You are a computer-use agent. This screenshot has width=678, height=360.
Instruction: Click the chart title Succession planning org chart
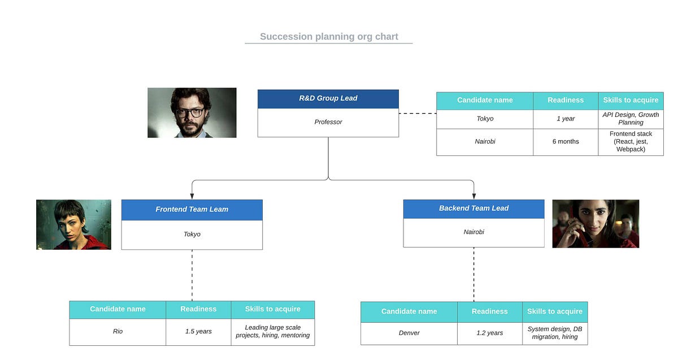click(x=329, y=37)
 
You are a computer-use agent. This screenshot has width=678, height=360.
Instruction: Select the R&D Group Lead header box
click(x=328, y=98)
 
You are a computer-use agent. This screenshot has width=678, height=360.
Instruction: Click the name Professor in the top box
click(x=328, y=122)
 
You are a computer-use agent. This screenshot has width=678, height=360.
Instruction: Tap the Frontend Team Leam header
click(x=192, y=209)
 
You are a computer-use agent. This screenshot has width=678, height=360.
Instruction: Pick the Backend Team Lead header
click(x=473, y=209)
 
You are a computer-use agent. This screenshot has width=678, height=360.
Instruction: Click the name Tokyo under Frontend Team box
click(x=192, y=234)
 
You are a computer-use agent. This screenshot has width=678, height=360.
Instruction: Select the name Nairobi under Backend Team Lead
click(x=473, y=232)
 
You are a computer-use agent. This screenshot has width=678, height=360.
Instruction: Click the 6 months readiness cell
click(x=565, y=141)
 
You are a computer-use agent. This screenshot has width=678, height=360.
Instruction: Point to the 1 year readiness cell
click(x=565, y=119)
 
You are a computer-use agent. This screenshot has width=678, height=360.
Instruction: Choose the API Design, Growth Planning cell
click(x=631, y=119)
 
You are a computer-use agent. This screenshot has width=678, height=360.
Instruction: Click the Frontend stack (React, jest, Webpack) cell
click(x=631, y=141)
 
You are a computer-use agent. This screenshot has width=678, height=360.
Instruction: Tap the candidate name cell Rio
click(x=118, y=331)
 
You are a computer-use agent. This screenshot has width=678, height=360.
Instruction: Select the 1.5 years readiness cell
click(x=198, y=331)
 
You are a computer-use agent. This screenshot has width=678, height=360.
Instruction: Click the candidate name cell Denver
click(x=409, y=333)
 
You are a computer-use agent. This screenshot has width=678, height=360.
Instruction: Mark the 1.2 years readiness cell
click(x=489, y=333)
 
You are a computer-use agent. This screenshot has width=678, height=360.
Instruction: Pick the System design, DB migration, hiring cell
click(x=554, y=333)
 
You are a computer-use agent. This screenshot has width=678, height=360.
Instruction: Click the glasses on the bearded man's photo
click(x=190, y=112)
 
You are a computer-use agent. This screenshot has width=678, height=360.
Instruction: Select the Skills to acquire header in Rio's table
click(x=272, y=309)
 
